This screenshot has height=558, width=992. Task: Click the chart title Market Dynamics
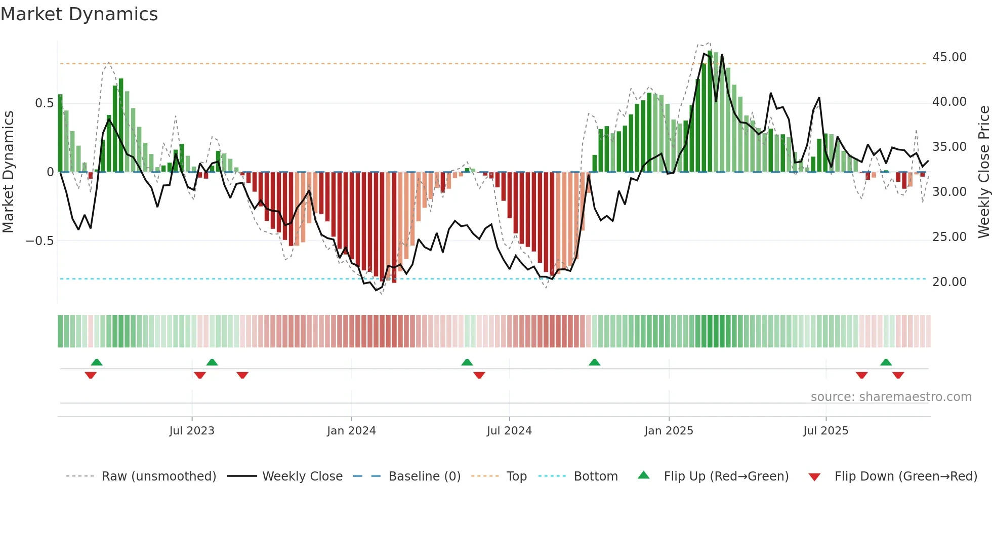[79, 14]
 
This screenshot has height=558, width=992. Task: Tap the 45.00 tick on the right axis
[949, 57]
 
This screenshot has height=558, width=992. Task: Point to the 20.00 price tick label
[949, 282]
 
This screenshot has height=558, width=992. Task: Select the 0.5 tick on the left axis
[44, 103]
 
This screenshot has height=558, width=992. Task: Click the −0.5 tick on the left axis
[39, 241]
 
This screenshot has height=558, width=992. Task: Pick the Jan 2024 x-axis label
[351, 431]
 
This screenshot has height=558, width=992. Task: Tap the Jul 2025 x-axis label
[825, 431]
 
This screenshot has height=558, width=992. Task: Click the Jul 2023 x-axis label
[192, 431]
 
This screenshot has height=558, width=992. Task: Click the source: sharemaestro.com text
[891, 397]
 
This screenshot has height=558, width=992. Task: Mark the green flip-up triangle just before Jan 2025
[595, 363]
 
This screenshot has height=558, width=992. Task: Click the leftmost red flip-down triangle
[91, 375]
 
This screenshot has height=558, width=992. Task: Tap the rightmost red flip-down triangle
[898, 375]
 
